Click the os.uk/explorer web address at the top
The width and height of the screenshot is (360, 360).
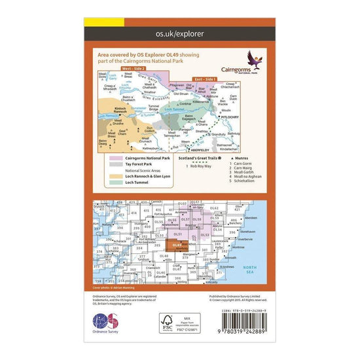point(179,31)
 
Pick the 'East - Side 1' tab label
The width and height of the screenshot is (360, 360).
point(200,78)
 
